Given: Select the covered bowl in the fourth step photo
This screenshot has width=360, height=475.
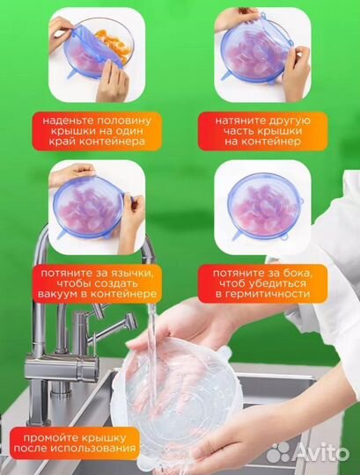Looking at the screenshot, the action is coord(265,207).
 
